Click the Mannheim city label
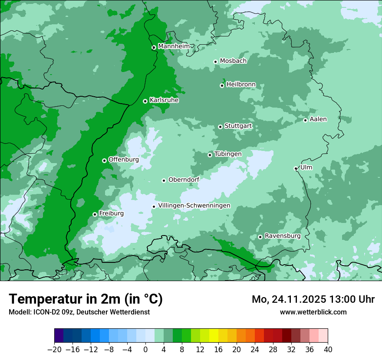point(174,46)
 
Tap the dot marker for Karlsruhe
point(145,101)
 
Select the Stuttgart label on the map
point(238,126)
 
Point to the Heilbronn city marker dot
point(222,85)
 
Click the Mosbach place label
point(233,61)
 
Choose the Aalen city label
point(318,119)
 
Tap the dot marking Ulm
point(296,169)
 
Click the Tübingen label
point(228,154)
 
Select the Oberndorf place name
point(184,180)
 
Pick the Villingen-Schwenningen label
point(194,206)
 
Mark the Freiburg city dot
point(95,214)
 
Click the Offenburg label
point(123,160)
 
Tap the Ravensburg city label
point(283,236)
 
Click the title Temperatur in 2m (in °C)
point(86,299)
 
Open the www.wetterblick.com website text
point(313,312)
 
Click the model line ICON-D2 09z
point(79,312)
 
